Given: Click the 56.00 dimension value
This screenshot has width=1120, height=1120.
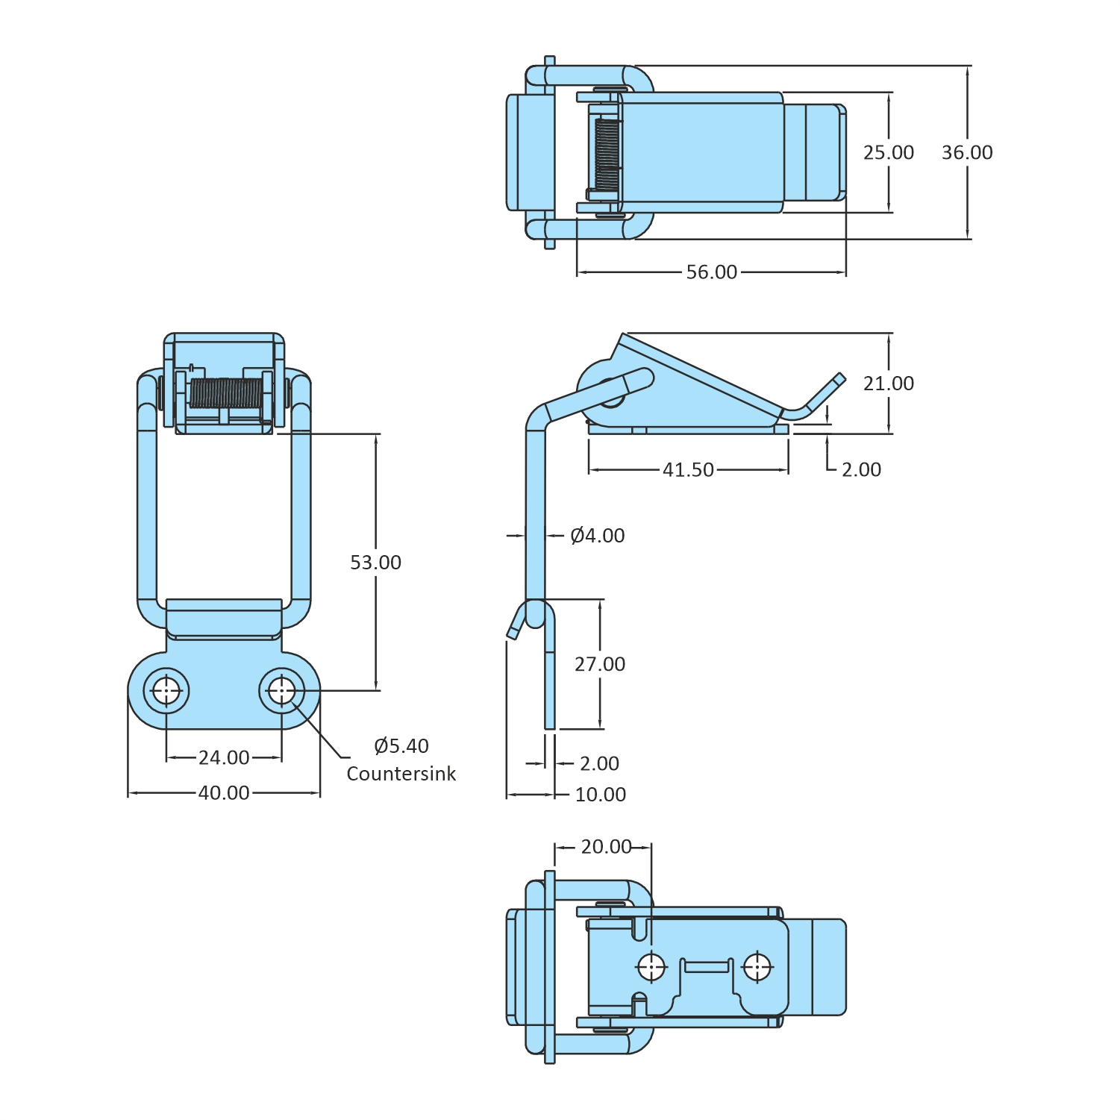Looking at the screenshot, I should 711,272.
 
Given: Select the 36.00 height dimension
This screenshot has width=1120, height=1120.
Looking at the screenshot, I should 967,152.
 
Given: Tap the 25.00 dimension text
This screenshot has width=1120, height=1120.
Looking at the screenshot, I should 888,152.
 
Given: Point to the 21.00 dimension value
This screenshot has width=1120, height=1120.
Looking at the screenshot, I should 888,384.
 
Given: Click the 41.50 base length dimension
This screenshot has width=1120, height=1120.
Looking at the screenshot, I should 688,470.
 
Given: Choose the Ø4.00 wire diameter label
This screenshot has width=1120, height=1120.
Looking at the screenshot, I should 597,536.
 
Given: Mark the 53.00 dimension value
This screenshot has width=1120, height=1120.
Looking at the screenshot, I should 375,563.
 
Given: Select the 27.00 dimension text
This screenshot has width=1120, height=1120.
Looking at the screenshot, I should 599,664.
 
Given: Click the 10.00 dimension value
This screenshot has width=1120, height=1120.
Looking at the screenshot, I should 600,795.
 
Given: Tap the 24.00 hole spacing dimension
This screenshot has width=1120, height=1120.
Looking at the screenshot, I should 224,758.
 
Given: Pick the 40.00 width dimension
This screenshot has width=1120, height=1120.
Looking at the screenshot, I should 224,793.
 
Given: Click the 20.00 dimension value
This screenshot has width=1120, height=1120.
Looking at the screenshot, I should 606,847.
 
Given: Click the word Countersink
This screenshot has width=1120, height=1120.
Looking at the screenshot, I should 401,774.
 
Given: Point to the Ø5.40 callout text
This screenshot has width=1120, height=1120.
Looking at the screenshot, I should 401,746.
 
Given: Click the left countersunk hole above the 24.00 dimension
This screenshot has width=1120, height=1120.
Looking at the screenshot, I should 166,691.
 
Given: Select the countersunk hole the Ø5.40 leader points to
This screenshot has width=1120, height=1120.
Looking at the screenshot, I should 281,691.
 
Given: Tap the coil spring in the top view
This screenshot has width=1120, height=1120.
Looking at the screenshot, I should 607,154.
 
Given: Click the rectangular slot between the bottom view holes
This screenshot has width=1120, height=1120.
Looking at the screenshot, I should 707,967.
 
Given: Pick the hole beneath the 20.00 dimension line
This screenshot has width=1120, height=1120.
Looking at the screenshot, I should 651,967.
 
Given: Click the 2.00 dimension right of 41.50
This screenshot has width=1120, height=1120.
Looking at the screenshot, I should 861,470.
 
